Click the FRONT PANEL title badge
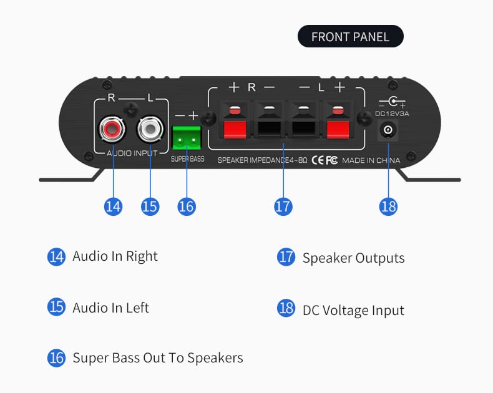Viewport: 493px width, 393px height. click(350, 37)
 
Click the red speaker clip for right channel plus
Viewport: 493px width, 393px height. click(235, 128)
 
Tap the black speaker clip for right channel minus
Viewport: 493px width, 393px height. click(268, 128)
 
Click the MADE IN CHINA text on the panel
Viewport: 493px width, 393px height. click(371, 160)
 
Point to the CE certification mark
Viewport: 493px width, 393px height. click(317, 160)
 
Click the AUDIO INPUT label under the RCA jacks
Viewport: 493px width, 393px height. click(132, 153)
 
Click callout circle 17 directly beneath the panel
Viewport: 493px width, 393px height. click(283, 206)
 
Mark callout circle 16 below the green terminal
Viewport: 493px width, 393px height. click(187, 206)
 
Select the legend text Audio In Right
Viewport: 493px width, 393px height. click(115, 256)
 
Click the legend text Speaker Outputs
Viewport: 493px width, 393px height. click(353, 258)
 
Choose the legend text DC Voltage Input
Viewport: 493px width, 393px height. click(353, 310)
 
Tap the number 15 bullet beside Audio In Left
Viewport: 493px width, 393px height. click(57, 307)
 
